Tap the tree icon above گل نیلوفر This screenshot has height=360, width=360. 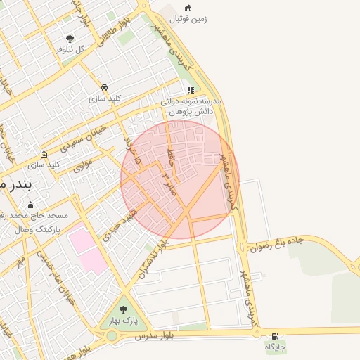[69, 39]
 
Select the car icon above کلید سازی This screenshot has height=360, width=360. [104, 87]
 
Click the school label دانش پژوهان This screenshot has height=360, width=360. [191, 111]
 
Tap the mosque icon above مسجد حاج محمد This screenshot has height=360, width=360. [30, 205]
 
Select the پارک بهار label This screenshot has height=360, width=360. [124, 321]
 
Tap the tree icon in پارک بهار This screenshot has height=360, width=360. [124, 309]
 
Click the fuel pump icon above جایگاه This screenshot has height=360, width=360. [274, 335]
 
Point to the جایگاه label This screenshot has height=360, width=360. [275, 347]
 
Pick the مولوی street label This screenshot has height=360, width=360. [82, 164]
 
